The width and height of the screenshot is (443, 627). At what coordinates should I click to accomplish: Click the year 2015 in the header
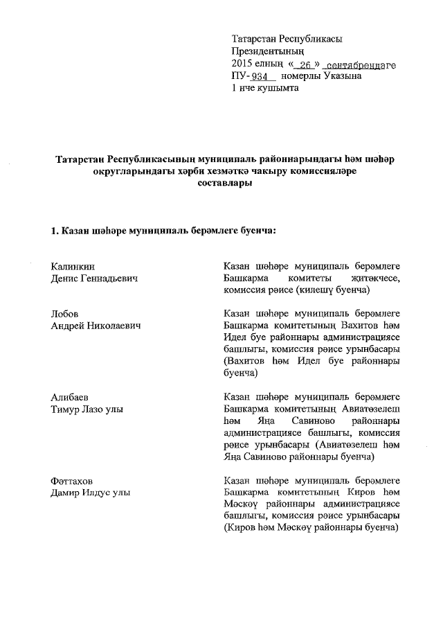tap(244, 64)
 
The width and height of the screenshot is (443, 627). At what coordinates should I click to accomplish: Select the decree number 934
tap(260, 77)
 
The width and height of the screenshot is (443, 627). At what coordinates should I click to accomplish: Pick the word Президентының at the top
tap(267, 52)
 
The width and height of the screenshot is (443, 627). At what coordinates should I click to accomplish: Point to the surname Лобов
tap(66, 314)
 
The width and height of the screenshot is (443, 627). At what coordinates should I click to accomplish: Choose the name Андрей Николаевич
tap(96, 326)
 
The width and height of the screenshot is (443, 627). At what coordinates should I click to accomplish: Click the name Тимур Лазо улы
tap(87, 409)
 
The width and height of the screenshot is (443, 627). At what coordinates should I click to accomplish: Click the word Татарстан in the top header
tap(257, 39)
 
